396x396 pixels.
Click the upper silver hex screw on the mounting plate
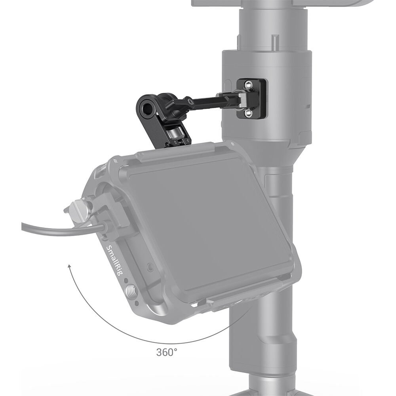(x=248, y=84)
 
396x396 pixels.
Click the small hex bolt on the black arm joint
(x=192, y=103)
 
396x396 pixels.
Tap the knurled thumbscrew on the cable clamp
(x=78, y=208)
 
